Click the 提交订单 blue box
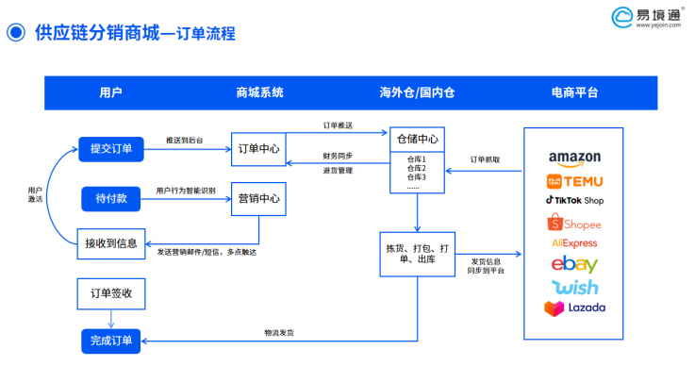pos(110,149)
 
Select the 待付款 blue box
pos(110,199)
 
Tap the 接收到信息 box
pos(110,243)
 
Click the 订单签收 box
pos(110,293)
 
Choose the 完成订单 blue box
pos(110,340)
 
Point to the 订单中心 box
pos(257,149)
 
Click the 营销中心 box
pos(257,199)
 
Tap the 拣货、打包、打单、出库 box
pos(417,254)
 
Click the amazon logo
pos(573,158)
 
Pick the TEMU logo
pos(573,180)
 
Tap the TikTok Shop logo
pos(573,201)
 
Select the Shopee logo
pos(573,224)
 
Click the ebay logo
pos(573,265)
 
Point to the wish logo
pos(573,287)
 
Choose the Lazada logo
pos(573,308)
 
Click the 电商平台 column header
pos(573,92)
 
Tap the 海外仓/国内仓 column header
pos(417,92)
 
